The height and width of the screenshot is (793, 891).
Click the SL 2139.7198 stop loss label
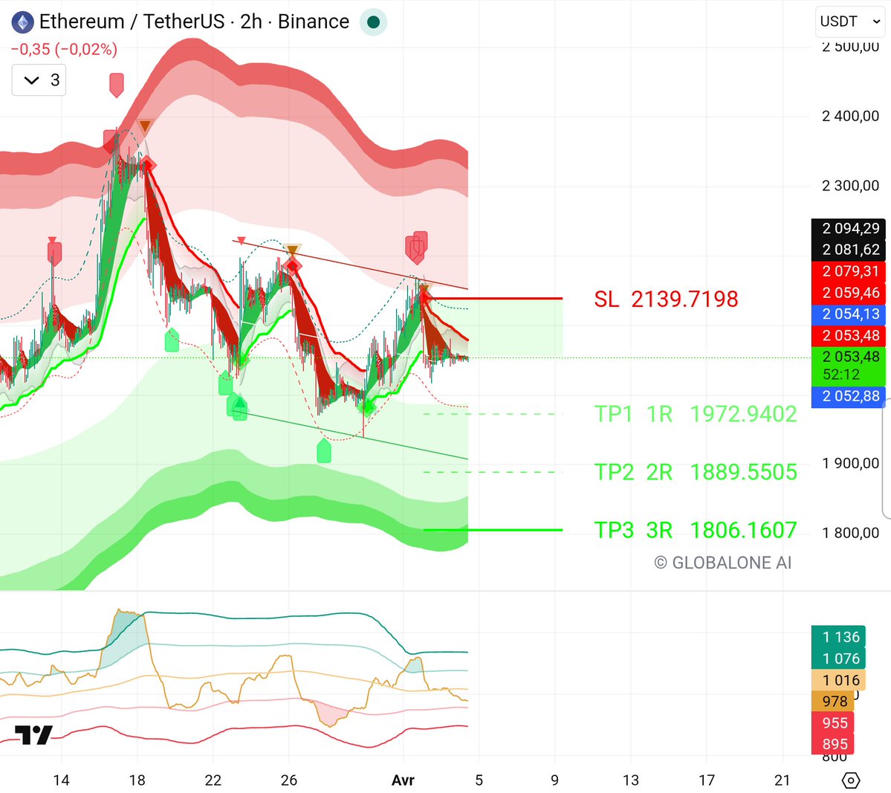click(666, 299)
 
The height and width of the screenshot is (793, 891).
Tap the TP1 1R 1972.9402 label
click(696, 414)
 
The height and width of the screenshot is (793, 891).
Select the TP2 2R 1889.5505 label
click(696, 472)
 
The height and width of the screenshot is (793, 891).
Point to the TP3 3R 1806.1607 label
click(696, 530)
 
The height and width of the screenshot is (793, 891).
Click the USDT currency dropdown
click(850, 22)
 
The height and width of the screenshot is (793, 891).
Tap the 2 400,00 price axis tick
click(850, 116)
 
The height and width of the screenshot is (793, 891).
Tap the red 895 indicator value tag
click(835, 744)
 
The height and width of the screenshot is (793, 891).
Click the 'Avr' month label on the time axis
click(403, 780)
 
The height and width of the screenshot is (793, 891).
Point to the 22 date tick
click(213, 780)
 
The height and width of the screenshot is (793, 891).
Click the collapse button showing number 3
click(39, 80)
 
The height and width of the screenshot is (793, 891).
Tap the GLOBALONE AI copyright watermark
click(722, 563)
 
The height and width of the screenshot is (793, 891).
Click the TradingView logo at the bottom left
click(34, 734)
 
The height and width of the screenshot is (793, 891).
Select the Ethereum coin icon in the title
click(23, 22)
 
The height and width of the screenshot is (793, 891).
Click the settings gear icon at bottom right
click(851, 780)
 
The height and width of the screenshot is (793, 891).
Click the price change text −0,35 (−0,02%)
click(64, 50)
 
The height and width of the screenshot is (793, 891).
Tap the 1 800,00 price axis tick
click(850, 533)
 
